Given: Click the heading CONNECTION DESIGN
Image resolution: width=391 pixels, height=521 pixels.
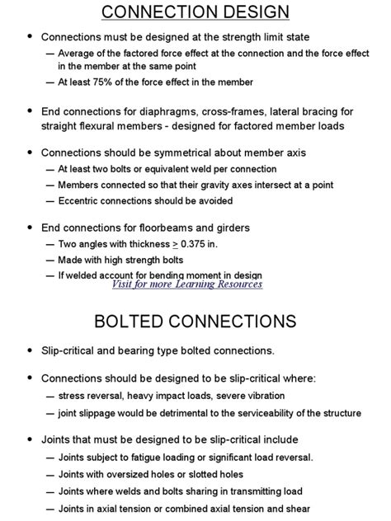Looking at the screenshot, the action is tap(195, 12).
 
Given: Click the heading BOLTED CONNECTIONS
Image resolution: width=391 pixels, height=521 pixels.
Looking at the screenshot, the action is tap(195, 319).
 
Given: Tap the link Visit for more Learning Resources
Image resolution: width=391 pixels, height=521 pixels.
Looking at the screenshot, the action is tap(187, 284).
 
